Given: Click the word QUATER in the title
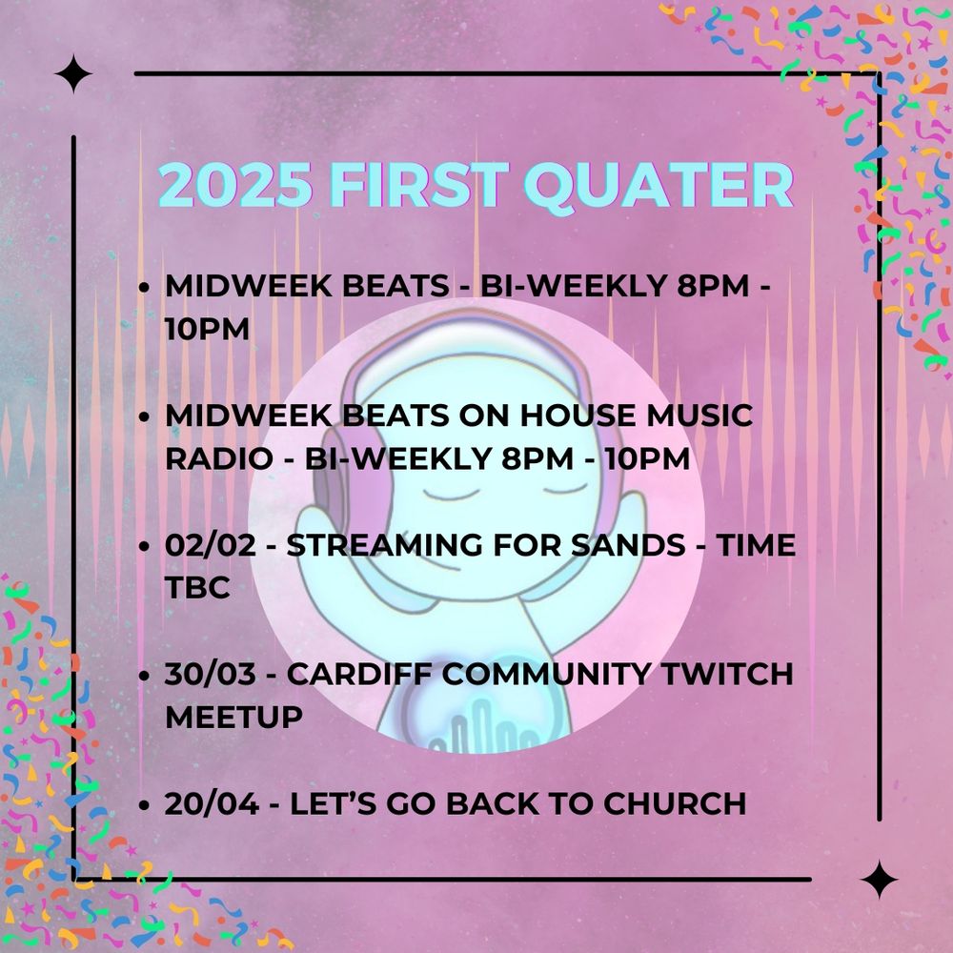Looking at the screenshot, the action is [659, 186].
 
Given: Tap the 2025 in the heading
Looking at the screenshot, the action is [235, 186].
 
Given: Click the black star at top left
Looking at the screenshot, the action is [73, 73].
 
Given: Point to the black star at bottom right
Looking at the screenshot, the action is [879, 879].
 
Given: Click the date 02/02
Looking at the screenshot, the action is [211, 544].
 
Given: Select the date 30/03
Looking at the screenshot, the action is [211, 674].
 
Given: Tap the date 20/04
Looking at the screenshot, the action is [212, 803].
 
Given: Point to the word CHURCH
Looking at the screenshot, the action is [675, 803].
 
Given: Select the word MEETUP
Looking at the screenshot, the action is [234, 718].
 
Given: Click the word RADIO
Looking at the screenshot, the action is [219, 458].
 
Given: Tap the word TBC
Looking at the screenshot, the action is [197, 588].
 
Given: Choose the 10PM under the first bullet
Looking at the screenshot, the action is [207, 329].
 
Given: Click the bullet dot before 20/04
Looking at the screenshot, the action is [144, 805].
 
